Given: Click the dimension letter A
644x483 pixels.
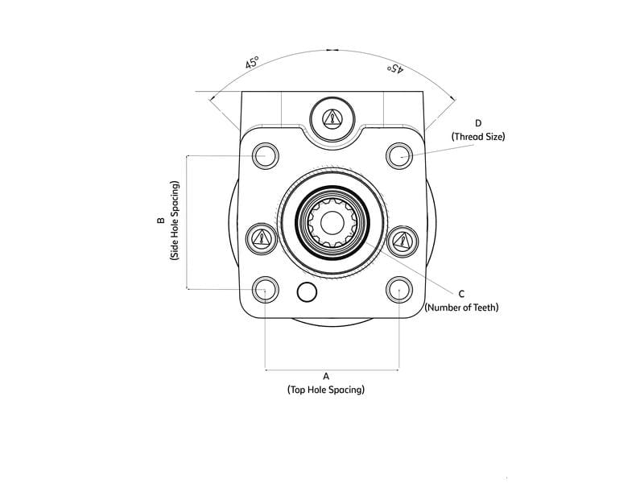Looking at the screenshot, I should click(326, 376).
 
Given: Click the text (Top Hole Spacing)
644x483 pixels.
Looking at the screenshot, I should click(326, 390).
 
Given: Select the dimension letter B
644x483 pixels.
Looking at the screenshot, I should click(161, 221).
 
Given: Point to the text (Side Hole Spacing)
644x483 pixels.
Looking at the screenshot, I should click(175, 221).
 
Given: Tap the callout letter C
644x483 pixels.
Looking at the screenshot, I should click(461, 294).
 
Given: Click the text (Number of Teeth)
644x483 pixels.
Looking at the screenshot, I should click(461, 308).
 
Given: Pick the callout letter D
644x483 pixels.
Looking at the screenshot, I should click(478, 123).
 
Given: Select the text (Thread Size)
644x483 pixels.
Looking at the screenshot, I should click(478, 137).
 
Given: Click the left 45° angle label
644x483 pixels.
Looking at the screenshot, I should click(252, 63).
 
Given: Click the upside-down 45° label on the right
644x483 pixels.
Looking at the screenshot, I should click(394, 68).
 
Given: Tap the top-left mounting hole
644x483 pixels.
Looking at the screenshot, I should click(265, 155).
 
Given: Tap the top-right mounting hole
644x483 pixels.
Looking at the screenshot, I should click(399, 155).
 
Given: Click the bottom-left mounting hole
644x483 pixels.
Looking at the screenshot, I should click(265, 289).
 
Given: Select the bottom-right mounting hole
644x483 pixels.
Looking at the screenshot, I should click(399, 289).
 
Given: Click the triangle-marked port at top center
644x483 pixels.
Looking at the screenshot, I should click(332, 118).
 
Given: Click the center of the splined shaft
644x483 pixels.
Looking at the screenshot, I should click(332, 222).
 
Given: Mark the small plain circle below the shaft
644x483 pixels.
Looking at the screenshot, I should click(306, 292).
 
